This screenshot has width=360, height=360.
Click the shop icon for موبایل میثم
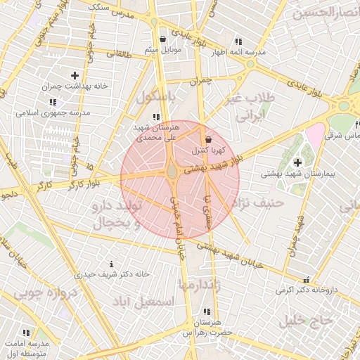click(163, 39)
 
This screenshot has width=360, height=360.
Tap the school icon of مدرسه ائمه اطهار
click(239, 41)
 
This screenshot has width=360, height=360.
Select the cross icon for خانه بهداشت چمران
click(75, 75)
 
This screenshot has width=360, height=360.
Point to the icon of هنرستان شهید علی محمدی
click(156, 117)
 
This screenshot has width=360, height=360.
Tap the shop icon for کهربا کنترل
click(208, 139)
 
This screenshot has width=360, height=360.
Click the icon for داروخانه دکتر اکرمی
click(306, 279)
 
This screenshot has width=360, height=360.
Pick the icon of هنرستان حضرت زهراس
click(206, 311)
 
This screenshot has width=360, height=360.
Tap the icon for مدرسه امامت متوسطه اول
click(26, 333)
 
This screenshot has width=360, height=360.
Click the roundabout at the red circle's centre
click(172, 170)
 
